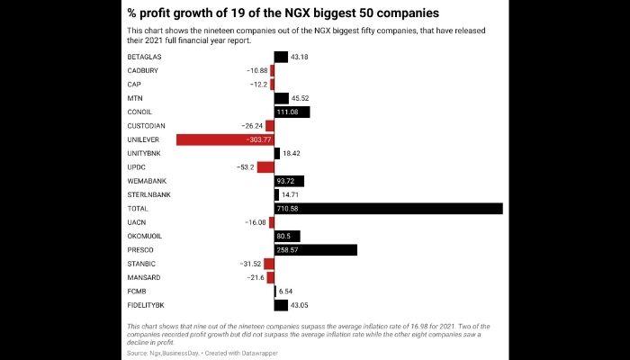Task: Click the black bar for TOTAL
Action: [x=388, y=209]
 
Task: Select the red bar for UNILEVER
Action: [x=225, y=139]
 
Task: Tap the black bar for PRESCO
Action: [x=315, y=249]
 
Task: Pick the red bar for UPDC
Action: [x=265, y=167]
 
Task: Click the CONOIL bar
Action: [x=292, y=112]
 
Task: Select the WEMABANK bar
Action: [x=289, y=181]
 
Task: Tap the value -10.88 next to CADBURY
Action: [x=256, y=70]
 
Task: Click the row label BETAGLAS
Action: [x=146, y=57]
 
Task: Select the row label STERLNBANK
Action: [x=149, y=194]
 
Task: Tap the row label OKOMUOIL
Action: [x=148, y=236]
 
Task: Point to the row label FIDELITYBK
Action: [x=148, y=305]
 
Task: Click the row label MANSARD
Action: [x=144, y=277]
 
